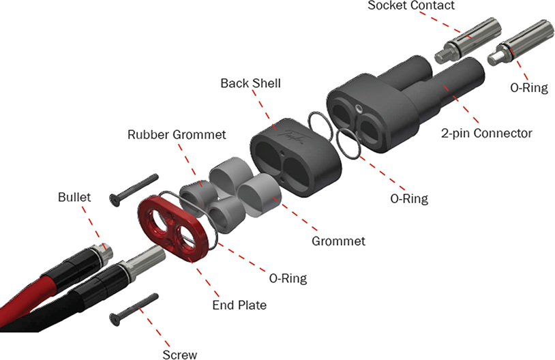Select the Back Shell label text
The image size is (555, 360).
250,83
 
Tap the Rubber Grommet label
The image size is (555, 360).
177,134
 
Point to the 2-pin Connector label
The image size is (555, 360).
485,133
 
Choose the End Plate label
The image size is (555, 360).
238,305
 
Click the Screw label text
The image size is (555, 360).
180,354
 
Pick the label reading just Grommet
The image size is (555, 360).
338,241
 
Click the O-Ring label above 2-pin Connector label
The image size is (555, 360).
528,88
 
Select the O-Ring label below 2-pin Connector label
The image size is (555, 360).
408,199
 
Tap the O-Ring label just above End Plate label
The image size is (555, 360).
287,278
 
